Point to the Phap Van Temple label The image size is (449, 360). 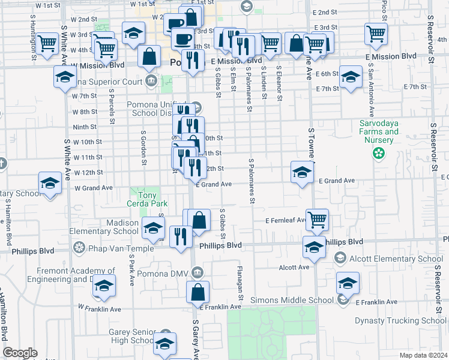click(x=105, y=247)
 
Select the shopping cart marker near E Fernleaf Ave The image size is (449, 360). click(x=317, y=219)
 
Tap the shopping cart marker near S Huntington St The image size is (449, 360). click(x=47, y=43)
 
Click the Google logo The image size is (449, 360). click(x=20, y=352)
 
